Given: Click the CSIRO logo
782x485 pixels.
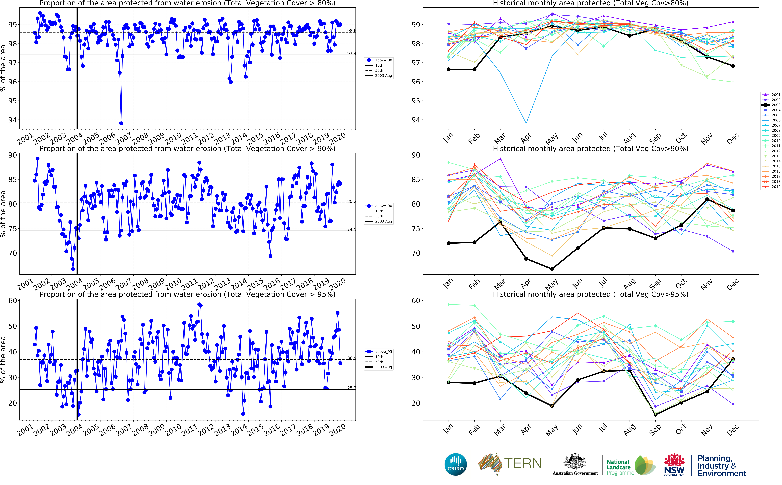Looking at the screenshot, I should (x=455, y=465).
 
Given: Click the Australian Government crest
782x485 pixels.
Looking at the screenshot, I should (x=575, y=462).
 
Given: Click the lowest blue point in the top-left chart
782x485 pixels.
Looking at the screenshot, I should (x=121, y=123).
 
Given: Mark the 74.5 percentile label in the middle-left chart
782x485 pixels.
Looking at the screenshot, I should (x=351, y=229).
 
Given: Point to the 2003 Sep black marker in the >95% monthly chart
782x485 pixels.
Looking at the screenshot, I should (x=655, y=415).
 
